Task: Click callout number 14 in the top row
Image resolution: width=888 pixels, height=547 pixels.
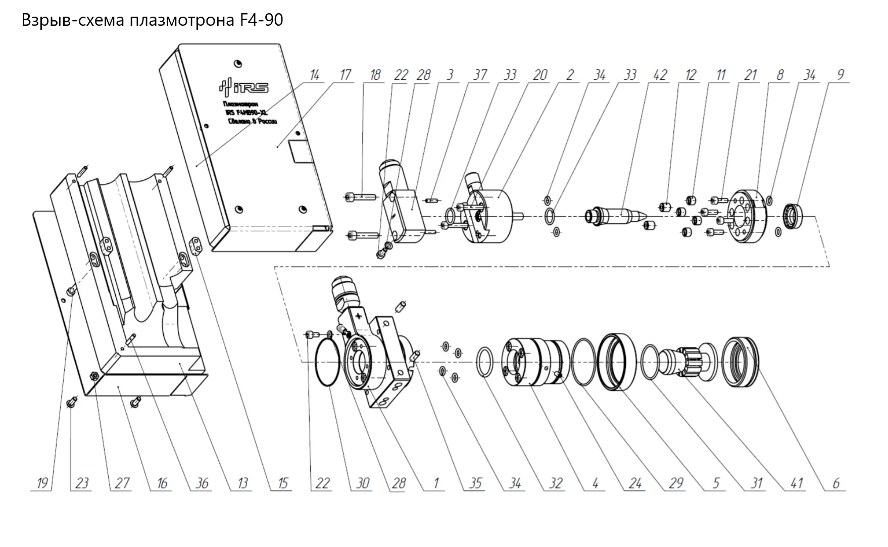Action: (x=315, y=75)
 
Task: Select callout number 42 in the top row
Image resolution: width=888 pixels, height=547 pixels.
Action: (x=660, y=75)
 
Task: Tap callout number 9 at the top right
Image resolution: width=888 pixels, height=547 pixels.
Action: (x=840, y=75)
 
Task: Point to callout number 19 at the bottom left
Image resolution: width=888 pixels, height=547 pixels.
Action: (x=42, y=483)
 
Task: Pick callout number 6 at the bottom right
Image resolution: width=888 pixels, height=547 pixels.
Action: (x=836, y=483)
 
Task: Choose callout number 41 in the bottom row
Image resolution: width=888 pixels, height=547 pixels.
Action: (x=796, y=483)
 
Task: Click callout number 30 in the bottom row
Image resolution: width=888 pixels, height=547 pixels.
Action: (x=363, y=483)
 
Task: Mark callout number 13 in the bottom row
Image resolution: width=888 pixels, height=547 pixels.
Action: (x=242, y=483)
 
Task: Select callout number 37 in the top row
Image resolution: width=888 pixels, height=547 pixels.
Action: (x=480, y=75)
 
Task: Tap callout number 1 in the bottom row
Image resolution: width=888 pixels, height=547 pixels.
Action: (x=435, y=483)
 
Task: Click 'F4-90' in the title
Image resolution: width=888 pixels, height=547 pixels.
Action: (x=259, y=20)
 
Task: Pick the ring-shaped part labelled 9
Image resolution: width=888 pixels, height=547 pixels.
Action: (x=794, y=216)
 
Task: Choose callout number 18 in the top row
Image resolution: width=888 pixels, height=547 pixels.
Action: (x=375, y=75)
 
